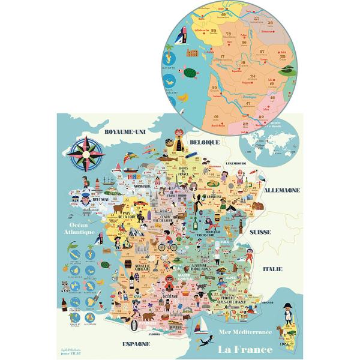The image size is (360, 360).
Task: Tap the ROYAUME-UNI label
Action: click(x=125, y=131)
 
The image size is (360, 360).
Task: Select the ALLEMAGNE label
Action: click(x=283, y=190)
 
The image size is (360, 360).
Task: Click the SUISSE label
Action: click(x=260, y=231)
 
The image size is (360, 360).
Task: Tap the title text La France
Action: click(x=244, y=349)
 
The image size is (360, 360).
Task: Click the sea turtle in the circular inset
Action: click(x=191, y=74)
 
